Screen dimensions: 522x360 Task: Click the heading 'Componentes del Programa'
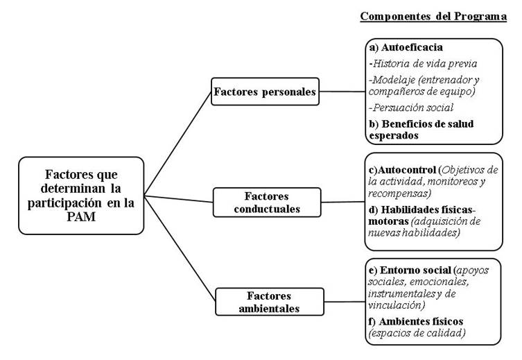point(433,17)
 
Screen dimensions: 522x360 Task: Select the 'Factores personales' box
point(265,92)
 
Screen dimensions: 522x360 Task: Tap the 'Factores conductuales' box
point(267,202)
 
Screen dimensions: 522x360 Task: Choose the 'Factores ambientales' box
point(270,302)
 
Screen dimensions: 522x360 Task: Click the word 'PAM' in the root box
point(81,216)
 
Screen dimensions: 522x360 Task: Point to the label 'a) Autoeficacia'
point(406,47)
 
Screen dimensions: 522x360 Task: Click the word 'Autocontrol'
point(407,170)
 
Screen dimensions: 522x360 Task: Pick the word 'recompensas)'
point(399,193)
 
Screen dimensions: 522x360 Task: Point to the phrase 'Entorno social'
point(415,270)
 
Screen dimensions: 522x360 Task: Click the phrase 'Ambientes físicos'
point(421,321)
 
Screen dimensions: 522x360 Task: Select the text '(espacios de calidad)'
point(417,333)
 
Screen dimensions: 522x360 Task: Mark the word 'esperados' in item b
point(394,135)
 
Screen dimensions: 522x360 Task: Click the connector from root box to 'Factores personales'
point(177,144)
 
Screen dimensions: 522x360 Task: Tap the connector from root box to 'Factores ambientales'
point(180,248)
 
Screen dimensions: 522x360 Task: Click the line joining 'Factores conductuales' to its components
point(343,202)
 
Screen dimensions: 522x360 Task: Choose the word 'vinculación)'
point(397,305)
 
